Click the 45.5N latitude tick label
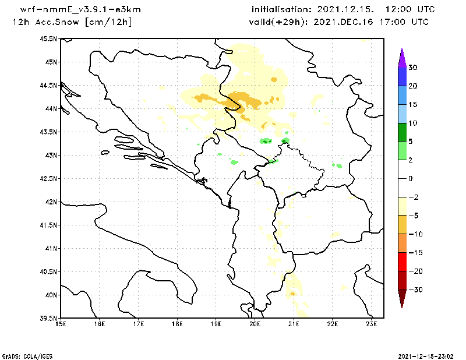pos(48,38)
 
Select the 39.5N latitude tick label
pos(48,318)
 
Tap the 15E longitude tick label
pos(60,324)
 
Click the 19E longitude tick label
pos(216,324)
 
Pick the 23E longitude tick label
pos(372,324)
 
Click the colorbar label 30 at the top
pos(412,68)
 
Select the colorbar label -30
pos(414,290)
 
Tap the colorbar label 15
pos(412,105)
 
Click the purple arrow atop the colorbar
pos(401,57)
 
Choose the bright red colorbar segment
pos(401,262)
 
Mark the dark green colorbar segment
pos(401,132)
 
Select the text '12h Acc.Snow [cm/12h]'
pos(72,22)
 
